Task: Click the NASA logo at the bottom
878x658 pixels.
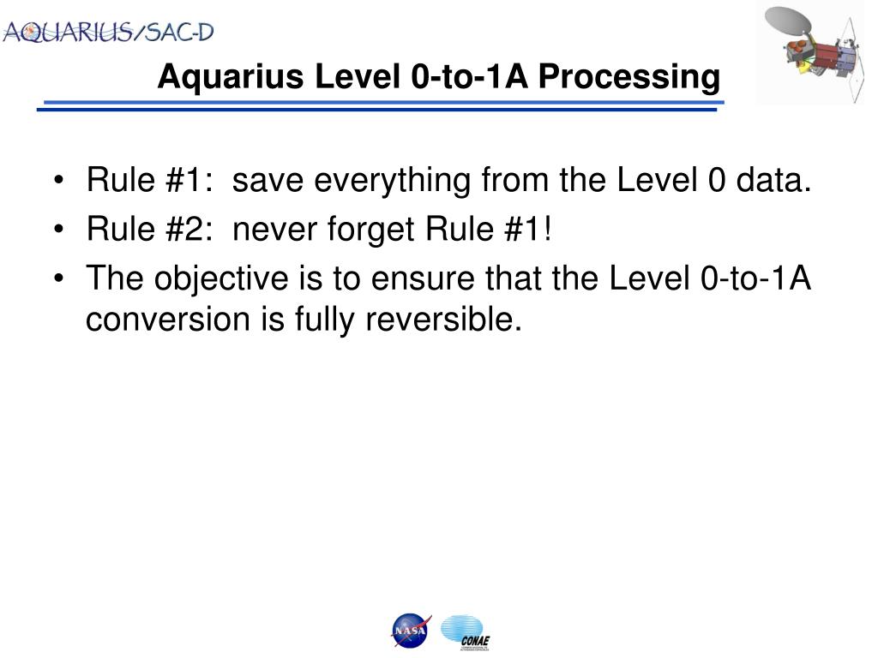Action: point(411,631)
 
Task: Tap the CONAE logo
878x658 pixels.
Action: point(466,633)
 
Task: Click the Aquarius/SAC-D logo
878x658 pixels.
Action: point(108,32)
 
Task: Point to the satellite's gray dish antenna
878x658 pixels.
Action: point(789,21)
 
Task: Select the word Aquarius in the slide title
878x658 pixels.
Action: point(231,76)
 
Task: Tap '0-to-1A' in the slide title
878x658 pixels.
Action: point(469,76)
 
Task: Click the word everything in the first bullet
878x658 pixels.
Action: point(392,181)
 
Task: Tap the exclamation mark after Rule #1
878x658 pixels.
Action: point(547,229)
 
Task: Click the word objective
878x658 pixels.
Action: point(221,278)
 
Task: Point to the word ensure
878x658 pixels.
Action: point(423,278)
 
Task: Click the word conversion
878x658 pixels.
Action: point(168,320)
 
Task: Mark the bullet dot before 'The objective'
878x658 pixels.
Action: point(59,278)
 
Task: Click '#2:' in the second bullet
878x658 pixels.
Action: point(189,229)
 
